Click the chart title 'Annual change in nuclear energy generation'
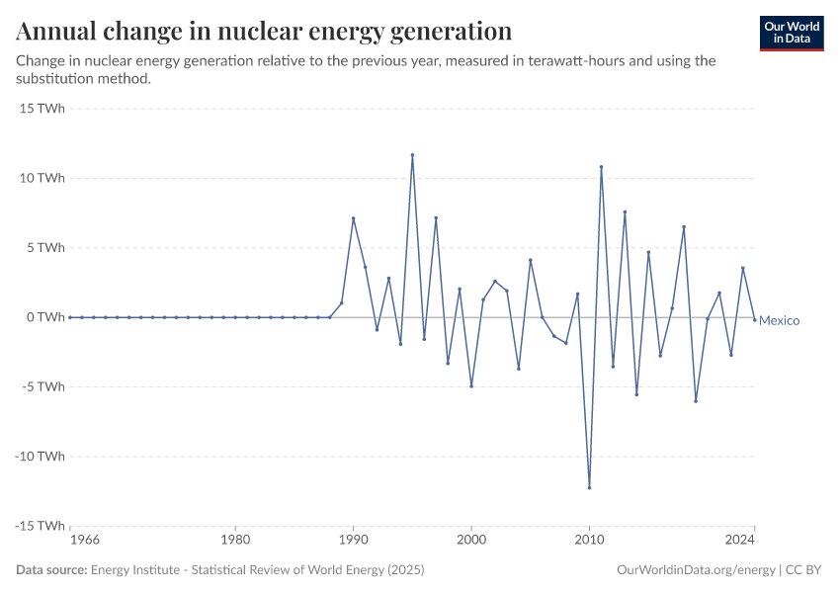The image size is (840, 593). click(x=264, y=31)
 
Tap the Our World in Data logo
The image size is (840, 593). click(x=791, y=33)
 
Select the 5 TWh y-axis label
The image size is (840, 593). click(x=45, y=248)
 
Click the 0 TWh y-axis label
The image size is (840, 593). click(x=45, y=317)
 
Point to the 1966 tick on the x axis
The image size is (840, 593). click(x=84, y=541)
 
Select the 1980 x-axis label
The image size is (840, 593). click(x=235, y=541)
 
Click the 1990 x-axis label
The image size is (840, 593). click(x=353, y=541)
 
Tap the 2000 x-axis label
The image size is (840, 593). click(x=471, y=541)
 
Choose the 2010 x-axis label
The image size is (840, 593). click(x=589, y=541)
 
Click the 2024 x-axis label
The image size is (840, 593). click(x=740, y=541)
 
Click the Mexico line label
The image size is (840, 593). click(x=779, y=321)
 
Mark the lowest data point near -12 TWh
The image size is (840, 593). click(x=589, y=487)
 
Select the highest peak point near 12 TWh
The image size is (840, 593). click(x=412, y=154)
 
